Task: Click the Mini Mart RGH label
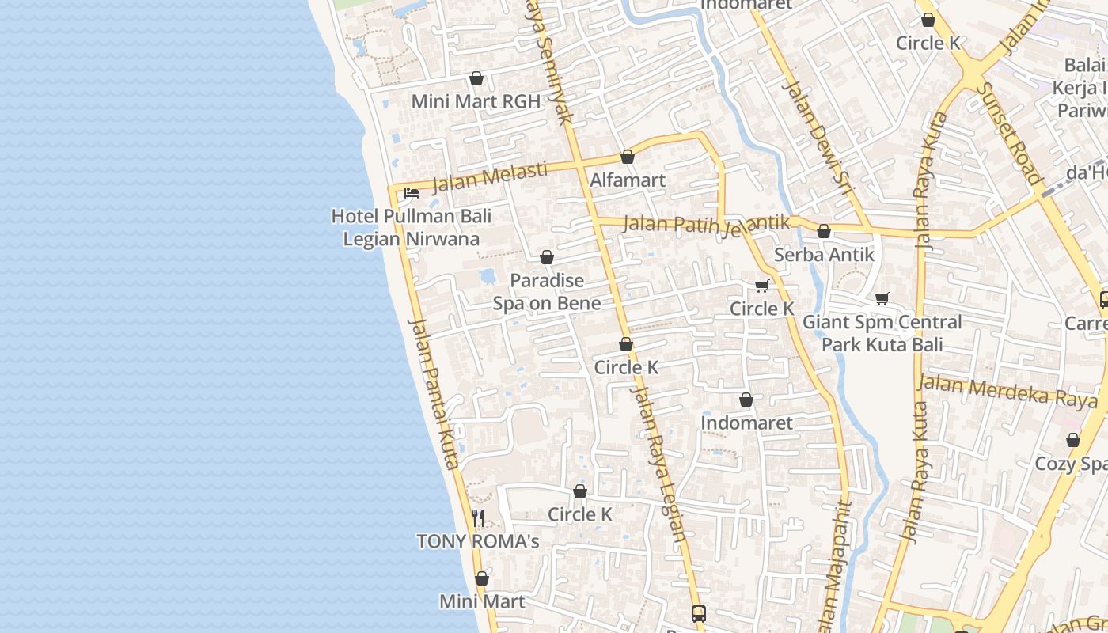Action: pyautogui.click(x=476, y=101)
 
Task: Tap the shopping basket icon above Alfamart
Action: pyautogui.click(x=628, y=157)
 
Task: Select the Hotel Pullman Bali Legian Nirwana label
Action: pyautogui.click(x=411, y=227)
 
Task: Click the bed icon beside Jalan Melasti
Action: pyautogui.click(x=411, y=192)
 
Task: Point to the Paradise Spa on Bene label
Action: pyautogui.click(x=547, y=291)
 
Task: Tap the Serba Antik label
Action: pyautogui.click(x=824, y=254)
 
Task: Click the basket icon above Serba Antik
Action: pyautogui.click(x=824, y=231)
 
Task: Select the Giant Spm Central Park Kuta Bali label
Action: pyautogui.click(x=882, y=333)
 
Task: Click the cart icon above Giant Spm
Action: pyautogui.click(x=882, y=298)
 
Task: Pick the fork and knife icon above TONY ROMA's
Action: pyautogui.click(x=478, y=518)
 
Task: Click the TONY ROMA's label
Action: pyautogui.click(x=478, y=541)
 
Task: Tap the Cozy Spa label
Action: pyautogui.click(x=1072, y=463)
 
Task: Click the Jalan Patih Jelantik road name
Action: pyautogui.click(x=706, y=224)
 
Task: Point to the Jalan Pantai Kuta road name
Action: pyautogui.click(x=434, y=393)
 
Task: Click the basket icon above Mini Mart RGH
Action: pyautogui.click(x=476, y=78)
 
